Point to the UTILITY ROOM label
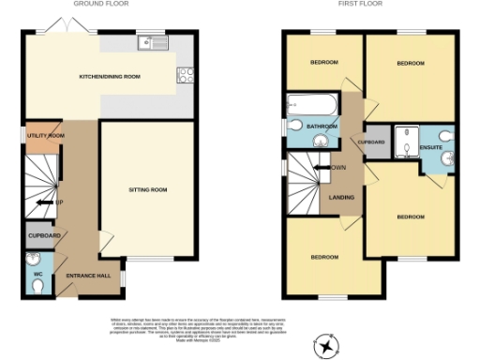(x=44, y=136)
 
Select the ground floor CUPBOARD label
(x=44, y=235)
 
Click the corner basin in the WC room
(x=35, y=260)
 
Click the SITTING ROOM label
(x=147, y=189)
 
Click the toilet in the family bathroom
(x=294, y=125)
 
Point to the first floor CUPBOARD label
(x=372, y=142)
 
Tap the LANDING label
(x=340, y=197)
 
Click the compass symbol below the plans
(x=326, y=348)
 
